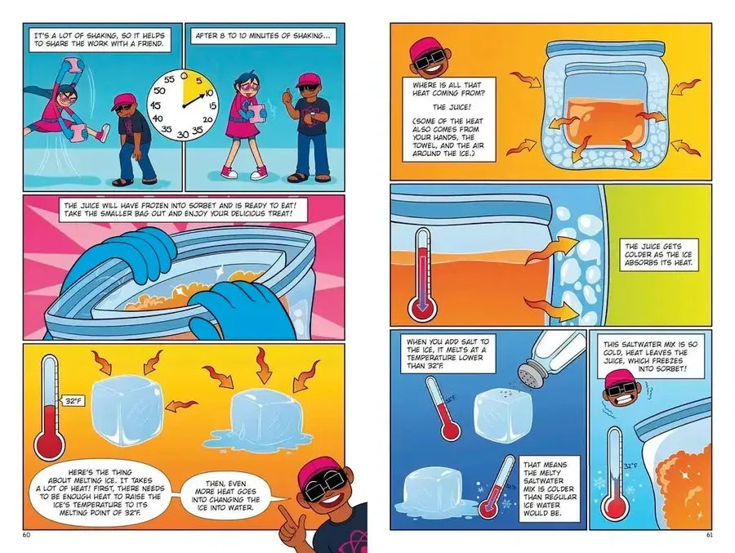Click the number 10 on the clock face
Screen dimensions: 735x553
pyautogui.click(x=209, y=93)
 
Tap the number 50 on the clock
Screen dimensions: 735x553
pyautogui.click(x=159, y=91)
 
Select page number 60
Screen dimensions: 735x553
pyautogui.click(x=26, y=535)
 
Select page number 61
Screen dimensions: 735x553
pyautogui.click(x=709, y=535)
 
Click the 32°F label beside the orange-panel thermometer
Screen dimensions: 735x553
pyautogui.click(x=73, y=402)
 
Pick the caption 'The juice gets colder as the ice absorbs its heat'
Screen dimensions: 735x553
pyautogui.click(x=658, y=255)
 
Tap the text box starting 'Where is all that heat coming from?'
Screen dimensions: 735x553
pyautogui.click(x=448, y=119)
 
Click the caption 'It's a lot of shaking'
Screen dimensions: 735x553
pyautogui.click(x=99, y=39)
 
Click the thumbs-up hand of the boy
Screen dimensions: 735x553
pyautogui.click(x=287, y=98)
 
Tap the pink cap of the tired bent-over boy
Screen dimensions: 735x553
pyautogui.click(x=124, y=100)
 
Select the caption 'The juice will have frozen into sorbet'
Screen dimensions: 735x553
pyautogui.click(x=180, y=210)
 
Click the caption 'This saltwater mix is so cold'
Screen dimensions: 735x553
pyautogui.click(x=650, y=356)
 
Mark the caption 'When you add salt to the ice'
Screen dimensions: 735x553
pyautogui.click(x=448, y=354)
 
